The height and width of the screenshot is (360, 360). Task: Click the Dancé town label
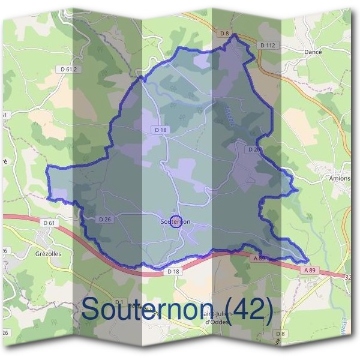[x=314, y=52]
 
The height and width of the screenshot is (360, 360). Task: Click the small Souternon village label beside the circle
[x=176, y=221]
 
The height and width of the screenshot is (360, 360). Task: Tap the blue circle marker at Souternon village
[x=175, y=221]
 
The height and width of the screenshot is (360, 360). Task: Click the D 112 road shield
[x=267, y=45]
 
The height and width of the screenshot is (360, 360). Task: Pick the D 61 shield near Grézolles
[x=49, y=223]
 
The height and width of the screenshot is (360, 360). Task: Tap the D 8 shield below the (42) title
[x=279, y=334]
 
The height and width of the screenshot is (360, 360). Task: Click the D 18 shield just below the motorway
[x=173, y=272]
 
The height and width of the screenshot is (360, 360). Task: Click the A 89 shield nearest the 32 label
[x=310, y=271]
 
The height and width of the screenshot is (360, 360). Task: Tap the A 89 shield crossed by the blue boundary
[x=259, y=257]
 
